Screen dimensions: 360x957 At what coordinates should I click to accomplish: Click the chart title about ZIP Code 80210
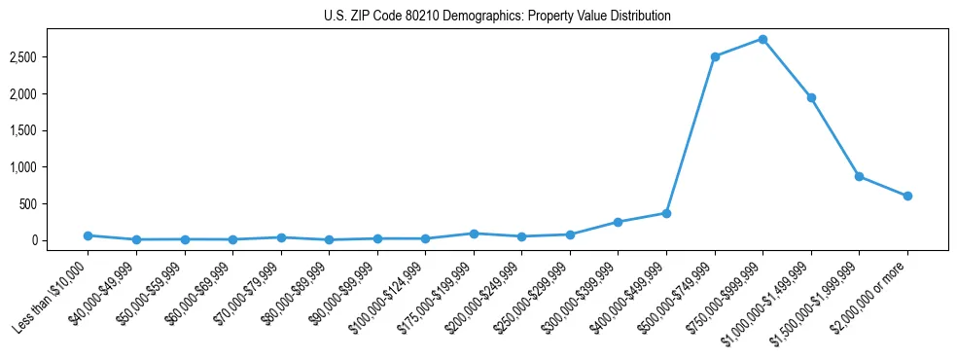(x=497, y=17)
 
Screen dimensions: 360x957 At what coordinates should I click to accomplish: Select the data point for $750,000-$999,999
(x=762, y=39)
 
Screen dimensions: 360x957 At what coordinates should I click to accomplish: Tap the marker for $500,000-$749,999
(x=715, y=56)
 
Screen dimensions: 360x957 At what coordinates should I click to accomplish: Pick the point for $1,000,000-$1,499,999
(x=811, y=97)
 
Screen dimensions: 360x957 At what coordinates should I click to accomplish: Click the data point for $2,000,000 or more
(x=907, y=196)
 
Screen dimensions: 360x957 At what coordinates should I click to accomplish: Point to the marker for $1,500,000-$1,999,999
(x=859, y=176)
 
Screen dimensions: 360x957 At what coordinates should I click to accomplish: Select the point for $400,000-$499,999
(x=666, y=213)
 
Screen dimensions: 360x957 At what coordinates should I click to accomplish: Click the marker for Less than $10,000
(x=88, y=235)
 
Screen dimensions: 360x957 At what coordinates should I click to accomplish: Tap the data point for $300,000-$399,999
(x=618, y=222)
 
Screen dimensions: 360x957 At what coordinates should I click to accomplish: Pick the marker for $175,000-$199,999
(x=474, y=234)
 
